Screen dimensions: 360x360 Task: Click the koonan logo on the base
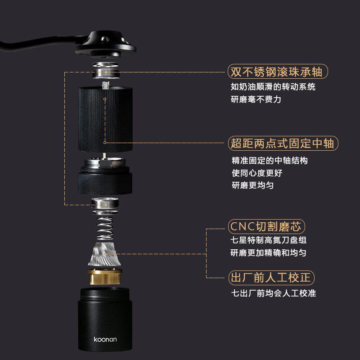(105, 339)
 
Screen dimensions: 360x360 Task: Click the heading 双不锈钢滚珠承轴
(276, 72)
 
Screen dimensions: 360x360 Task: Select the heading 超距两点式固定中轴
(282, 144)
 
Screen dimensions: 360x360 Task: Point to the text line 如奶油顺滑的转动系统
(273, 87)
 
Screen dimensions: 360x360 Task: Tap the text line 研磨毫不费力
(256, 99)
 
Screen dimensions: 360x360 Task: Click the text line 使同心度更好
(257, 173)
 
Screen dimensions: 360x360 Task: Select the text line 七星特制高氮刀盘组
(269, 241)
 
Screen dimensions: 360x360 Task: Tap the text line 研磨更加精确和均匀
(268, 253)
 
